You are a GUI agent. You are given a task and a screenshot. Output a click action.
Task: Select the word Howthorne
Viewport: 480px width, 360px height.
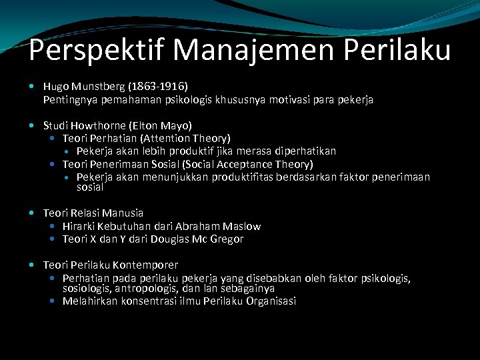[104, 125]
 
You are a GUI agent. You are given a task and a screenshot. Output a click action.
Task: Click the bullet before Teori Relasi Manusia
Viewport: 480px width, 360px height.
[34, 213]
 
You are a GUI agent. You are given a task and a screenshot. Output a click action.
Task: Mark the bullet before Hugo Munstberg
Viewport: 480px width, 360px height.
[34, 87]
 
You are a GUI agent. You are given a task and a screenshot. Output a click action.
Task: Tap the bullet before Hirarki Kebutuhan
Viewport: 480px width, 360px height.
[53, 226]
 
